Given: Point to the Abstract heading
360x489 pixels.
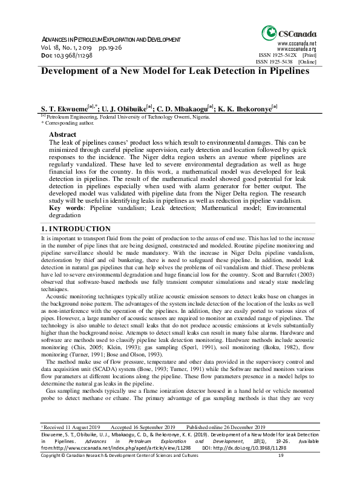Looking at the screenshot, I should (62, 134).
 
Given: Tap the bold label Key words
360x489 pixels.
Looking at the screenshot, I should (64, 207).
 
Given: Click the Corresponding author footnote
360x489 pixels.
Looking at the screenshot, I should (67, 122).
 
